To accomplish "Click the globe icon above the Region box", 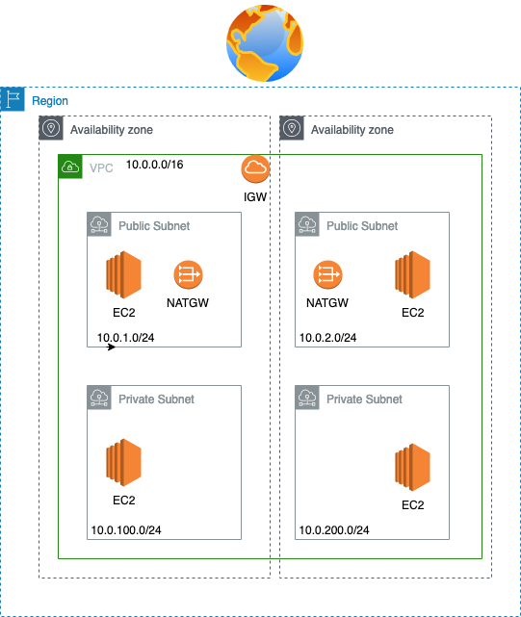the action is tap(265, 43).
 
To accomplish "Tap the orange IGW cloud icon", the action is tap(255, 169).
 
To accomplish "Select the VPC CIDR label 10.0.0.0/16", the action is tap(154, 165).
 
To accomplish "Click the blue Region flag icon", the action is tap(13, 99).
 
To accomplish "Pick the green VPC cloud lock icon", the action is tap(70, 167).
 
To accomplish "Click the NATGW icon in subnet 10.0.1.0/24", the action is tap(188, 274).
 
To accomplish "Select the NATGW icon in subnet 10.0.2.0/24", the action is tap(327, 274).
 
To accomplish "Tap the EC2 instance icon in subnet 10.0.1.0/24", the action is tap(123, 274).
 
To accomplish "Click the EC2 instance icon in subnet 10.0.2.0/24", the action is tap(413, 274).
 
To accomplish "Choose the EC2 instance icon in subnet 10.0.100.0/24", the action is tap(123, 462).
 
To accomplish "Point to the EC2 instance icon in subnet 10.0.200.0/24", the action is tap(413, 467).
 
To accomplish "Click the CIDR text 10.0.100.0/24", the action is tap(126, 530).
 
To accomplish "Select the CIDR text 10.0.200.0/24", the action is tap(334, 530).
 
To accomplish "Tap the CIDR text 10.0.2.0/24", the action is tap(327, 338).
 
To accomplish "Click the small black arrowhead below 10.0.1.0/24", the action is tap(112, 347).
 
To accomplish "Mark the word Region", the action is tap(50, 101).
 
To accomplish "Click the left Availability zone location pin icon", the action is tap(51, 128).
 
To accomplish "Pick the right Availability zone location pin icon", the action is tap(292, 128).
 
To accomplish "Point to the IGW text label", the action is tap(255, 196).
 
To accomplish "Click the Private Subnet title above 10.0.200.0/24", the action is tap(364, 399).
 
